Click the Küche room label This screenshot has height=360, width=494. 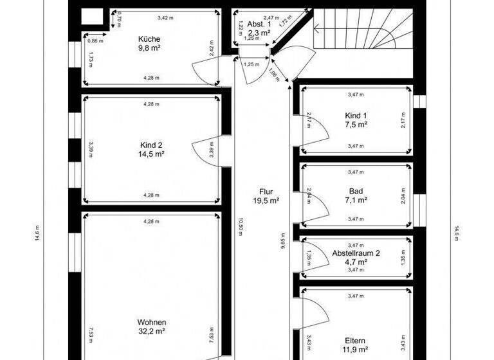coord(149,39)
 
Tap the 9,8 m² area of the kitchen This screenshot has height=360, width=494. coord(149,48)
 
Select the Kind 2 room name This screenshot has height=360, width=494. coord(151,145)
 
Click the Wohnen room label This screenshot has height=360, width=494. coord(151,322)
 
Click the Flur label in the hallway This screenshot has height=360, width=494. coord(266,192)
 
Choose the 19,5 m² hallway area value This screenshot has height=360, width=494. coord(266,201)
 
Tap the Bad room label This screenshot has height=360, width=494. coord(356,191)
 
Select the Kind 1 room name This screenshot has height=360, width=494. coord(356,116)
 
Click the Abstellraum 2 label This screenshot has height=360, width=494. coord(356,253)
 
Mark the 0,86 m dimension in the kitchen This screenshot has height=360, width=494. coord(94,40)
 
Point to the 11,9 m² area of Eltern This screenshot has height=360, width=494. coord(356,350)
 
